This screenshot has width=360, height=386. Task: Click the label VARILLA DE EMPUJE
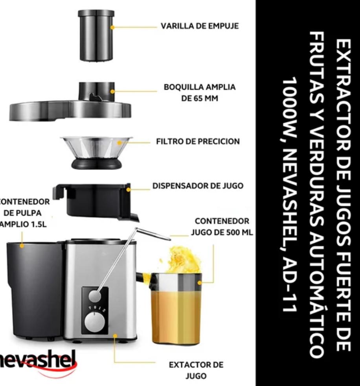click(x=200, y=26)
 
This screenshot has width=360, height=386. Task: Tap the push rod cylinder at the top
click(x=96, y=35)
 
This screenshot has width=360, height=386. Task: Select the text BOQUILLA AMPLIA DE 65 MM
click(x=200, y=92)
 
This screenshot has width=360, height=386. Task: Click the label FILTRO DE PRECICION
click(x=198, y=141)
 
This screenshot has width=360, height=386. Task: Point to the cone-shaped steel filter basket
click(x=96, y=153)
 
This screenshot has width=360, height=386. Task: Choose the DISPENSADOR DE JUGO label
click(x=198, y=186)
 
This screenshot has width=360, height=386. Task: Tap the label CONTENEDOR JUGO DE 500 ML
click(x=222, y=227)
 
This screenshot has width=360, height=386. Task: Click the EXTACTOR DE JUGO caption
click(x=196, y=370)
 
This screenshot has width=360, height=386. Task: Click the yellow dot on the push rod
click(x=112, y=27)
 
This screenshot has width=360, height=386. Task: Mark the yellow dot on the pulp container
click(x=22, y=246)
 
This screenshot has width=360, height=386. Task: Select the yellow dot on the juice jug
click(x=199, y=283)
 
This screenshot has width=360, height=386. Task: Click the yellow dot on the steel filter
click(x=119, y=143)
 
